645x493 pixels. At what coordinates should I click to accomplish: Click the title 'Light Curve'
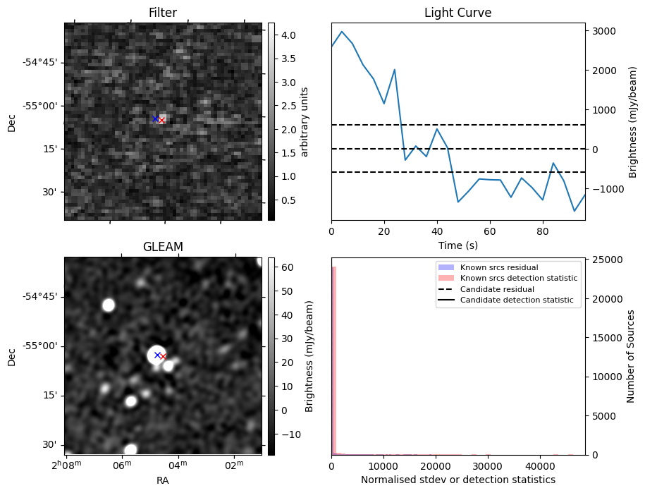coord(457,13)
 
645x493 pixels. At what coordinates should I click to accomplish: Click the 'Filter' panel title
coord(162,13)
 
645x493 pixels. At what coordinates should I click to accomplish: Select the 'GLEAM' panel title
coord(162,247)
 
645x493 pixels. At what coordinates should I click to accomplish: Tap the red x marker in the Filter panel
coord(161,121)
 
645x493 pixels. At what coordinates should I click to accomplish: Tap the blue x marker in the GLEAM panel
coord(157,355)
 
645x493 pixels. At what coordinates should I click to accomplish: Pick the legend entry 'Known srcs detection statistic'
coord(518,279)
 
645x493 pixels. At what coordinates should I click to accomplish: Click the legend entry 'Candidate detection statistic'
coord(516,301)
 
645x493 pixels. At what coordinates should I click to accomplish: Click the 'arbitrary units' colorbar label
coord(305,121)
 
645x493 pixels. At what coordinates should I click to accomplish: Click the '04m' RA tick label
coord(178,463)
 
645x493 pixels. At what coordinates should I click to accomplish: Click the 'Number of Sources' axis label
coord(632,356)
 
